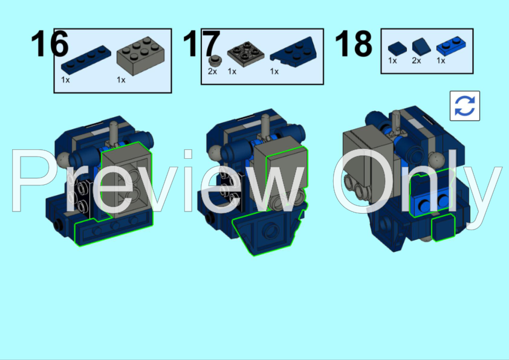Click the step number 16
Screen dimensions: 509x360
(50, 43)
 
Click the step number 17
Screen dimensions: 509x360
(201, 43)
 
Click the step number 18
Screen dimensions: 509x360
(354, 43)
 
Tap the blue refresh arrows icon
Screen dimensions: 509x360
(464, 106)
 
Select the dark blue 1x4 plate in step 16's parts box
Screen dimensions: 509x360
(86, 60)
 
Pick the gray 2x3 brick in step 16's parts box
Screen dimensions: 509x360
(141, 56)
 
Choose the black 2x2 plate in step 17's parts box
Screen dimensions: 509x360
(246, 54)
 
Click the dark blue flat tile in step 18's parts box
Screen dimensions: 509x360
(397, 49)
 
